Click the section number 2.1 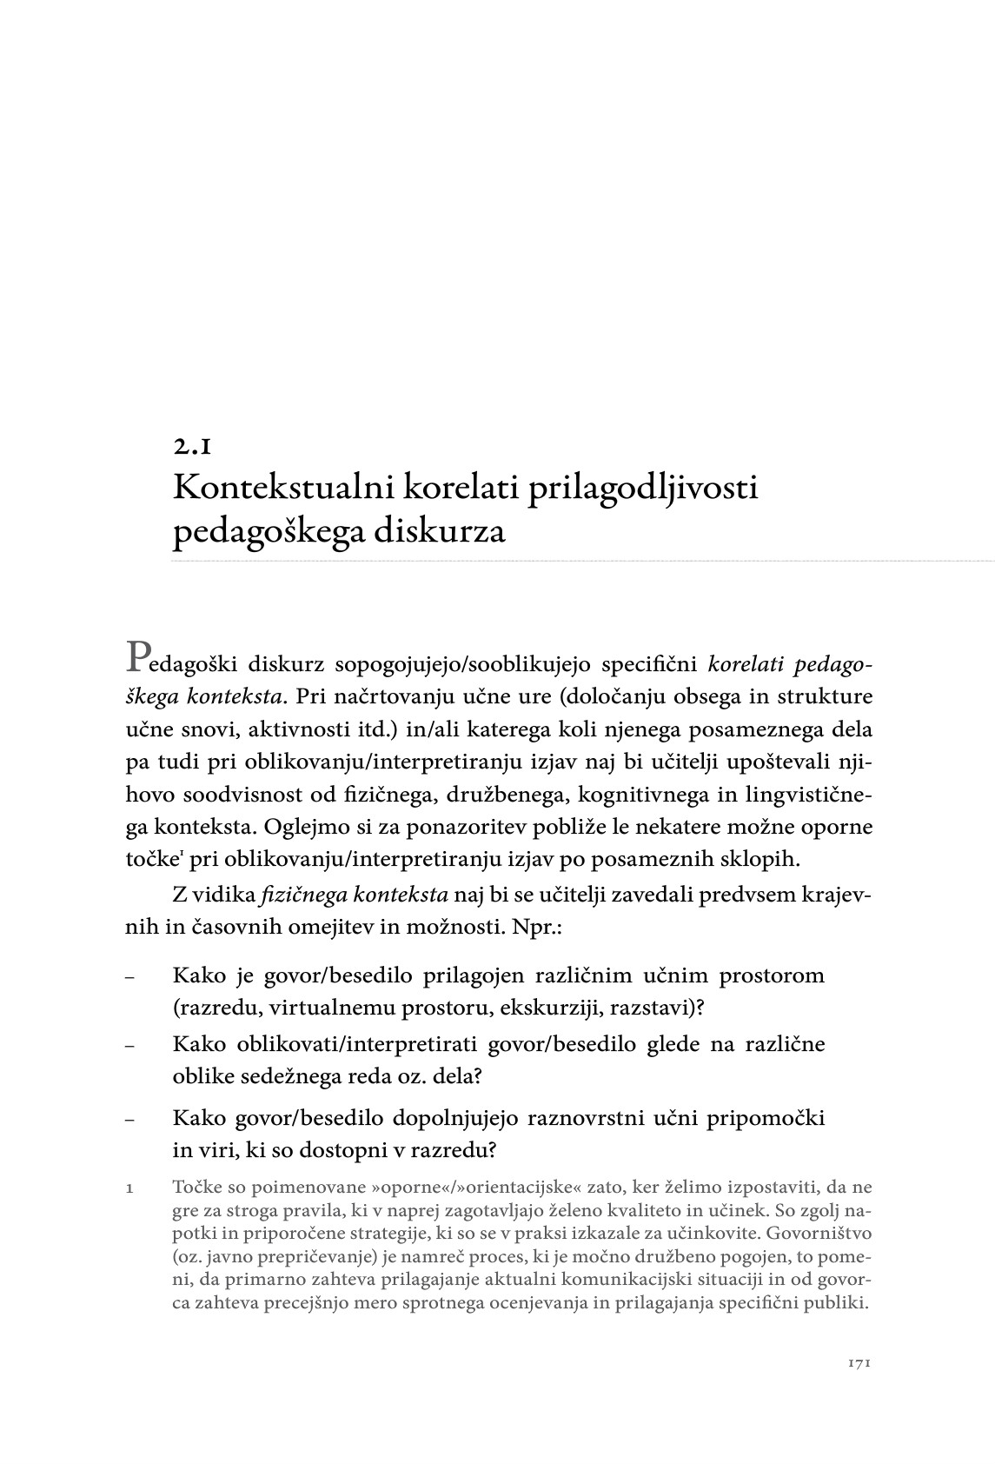(x=191, y=447)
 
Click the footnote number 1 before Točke (x=129, y=1188)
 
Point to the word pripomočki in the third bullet (x=769, y=1117)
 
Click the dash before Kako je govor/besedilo (x=129, y=977)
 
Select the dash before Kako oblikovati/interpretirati (x=129, y=1046)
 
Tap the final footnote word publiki (x=840, y=1303)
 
